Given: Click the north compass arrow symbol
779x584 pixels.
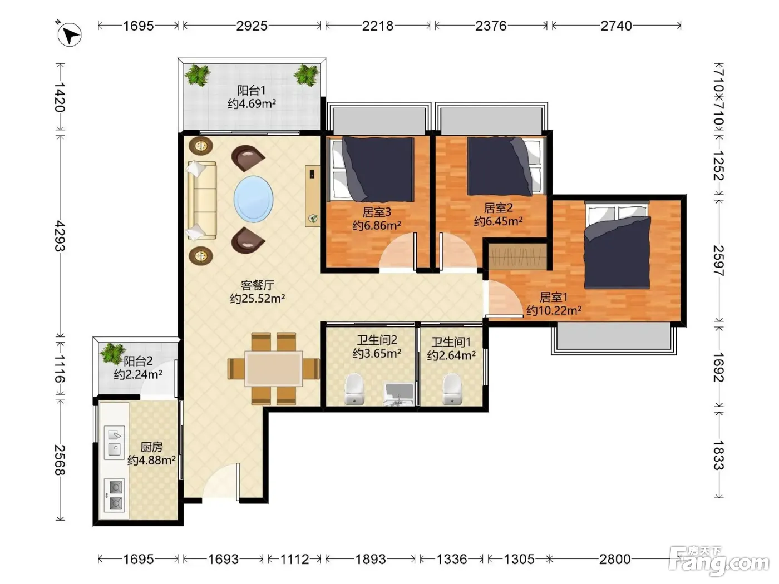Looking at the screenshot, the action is [69, 34].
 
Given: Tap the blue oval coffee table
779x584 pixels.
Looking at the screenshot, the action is [253, 199].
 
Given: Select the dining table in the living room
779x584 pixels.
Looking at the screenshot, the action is [273, 368].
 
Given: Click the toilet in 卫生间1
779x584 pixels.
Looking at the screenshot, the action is [452, 389].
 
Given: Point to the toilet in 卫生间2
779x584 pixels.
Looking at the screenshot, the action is [354, 389].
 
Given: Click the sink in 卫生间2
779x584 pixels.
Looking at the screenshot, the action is [400, 394].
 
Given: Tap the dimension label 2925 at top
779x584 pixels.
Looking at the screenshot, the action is [252, 26].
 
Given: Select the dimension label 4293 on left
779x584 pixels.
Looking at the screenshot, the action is [60, 236].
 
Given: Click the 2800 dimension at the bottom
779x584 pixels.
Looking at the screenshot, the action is [615, 559].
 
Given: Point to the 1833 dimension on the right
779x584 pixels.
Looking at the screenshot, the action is [719, 455].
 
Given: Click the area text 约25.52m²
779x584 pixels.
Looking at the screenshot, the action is [257, 298].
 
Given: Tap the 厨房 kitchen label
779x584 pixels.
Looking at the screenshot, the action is [151, 447].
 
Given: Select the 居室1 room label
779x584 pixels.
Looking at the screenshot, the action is [554, 297].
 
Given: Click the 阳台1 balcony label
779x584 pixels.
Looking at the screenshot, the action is [252, 91].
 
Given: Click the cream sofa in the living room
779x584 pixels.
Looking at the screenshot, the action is [201, 200].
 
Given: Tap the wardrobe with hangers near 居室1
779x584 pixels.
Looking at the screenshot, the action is [517, 256].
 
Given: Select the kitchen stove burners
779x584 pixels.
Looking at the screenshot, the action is [115, 495].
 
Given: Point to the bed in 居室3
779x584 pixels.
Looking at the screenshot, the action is [372, 170].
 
